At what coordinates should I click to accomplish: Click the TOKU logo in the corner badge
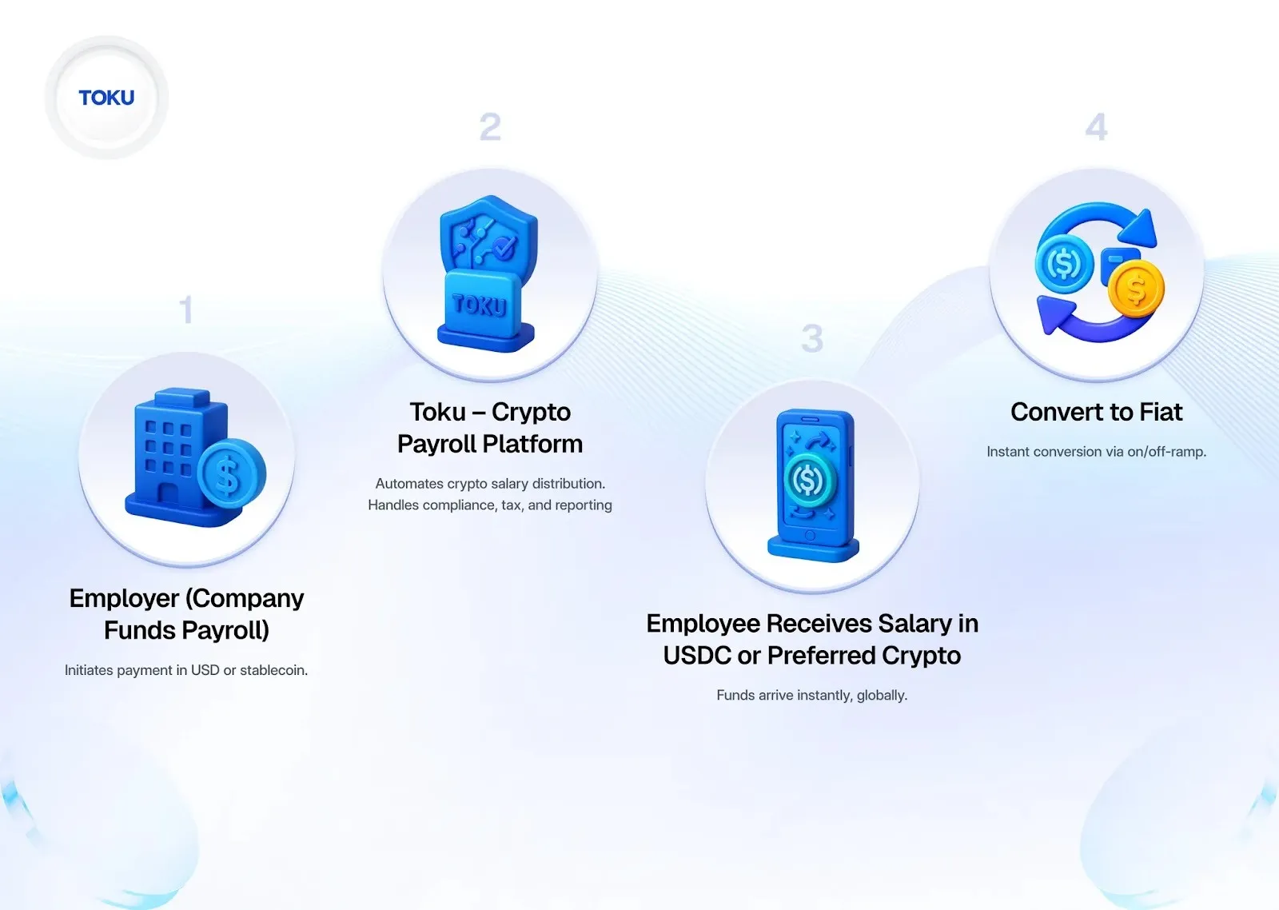[106, 98]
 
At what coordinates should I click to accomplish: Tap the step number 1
[186, 309]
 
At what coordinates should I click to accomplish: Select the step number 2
[490, 127]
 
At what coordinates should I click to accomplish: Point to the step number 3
[812, 338]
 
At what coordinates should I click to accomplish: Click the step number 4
[1096, 127]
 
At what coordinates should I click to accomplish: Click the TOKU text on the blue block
[480, 305]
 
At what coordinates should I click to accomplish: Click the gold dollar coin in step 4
[1136, 289]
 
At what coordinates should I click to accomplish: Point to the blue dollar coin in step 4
[1064, 263]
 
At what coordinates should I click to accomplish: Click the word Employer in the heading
[124, 598]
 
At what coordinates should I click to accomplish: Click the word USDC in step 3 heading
[696, 656]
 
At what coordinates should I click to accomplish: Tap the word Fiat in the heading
[1161, 412]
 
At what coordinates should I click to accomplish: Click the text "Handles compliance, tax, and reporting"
[490, 505]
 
